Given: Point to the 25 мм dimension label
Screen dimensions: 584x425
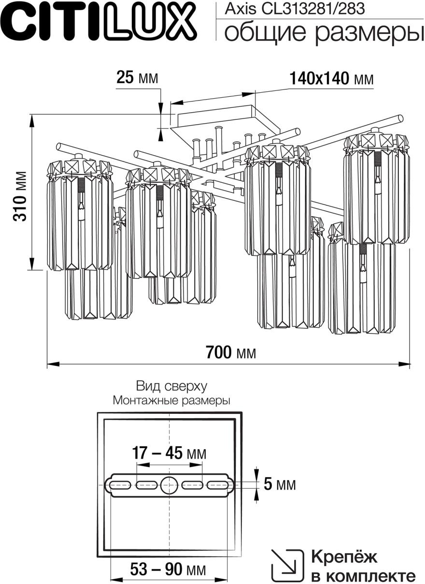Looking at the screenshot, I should pyautogui.click(x=137, y=77).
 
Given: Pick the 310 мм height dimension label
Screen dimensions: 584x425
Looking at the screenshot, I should pyautogui.click(x=20, y=196).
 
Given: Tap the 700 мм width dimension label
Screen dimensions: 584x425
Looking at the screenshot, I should pyautogui.click(x=231, y=353).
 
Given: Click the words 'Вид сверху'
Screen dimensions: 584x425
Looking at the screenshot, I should pyautogui.click(x=171, y=386).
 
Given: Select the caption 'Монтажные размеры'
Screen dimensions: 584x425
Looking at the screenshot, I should pyautogui.click(x=171, y=400).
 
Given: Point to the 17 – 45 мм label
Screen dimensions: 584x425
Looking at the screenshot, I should pyautogui.click(x=169, y=453).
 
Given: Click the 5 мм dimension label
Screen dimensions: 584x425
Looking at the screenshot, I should pyautogui.click(x=280, y=484).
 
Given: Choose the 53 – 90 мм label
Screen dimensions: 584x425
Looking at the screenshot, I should pyautogui.click(x=168, y=570).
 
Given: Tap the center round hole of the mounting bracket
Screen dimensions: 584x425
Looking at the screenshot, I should pyautogui.click(x=169, y=484).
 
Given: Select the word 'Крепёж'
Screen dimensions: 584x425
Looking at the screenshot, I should pyautogui.click(x=344, y=557).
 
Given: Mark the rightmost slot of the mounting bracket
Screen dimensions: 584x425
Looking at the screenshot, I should pyautogui.click(x=217, y=484).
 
